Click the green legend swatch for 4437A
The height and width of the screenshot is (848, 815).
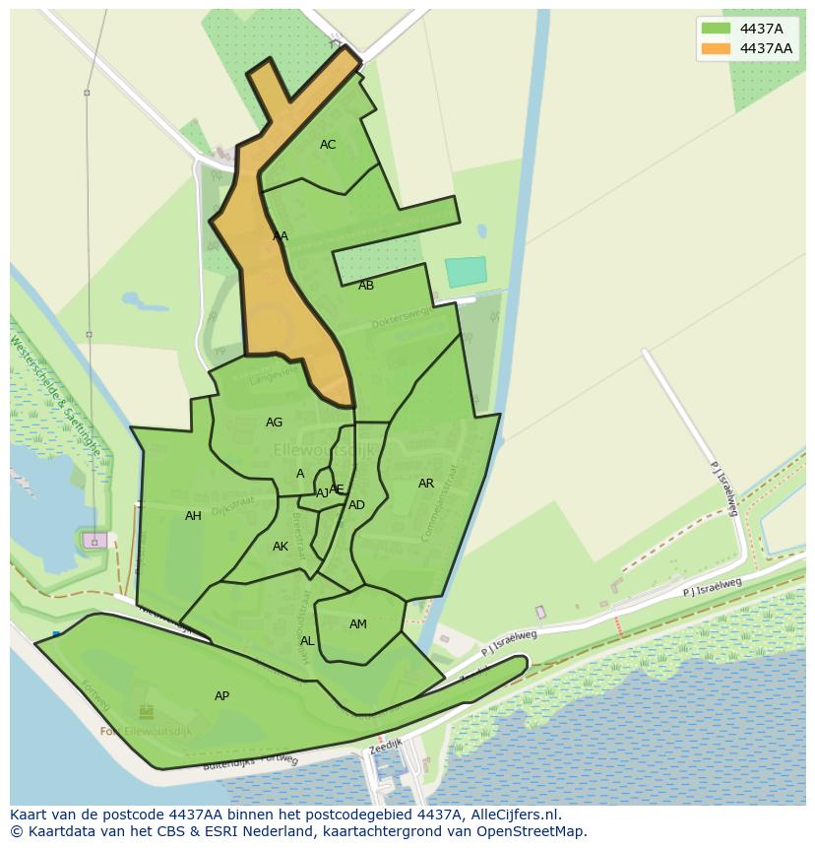716,29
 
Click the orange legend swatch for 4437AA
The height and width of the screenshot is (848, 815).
716,48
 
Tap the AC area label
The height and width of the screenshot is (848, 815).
328,145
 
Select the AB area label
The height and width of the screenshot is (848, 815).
366,286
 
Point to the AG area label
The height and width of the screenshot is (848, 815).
274,423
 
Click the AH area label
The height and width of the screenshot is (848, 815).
193,516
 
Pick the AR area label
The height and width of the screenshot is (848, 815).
426,484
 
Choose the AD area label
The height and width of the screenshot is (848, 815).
356,505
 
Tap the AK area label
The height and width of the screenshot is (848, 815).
281,547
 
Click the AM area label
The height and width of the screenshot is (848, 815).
358,624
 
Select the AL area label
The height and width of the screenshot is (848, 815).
307,641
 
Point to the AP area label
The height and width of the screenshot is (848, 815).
221,696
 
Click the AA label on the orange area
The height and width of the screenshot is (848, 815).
281,236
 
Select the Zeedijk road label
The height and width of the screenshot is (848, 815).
385,749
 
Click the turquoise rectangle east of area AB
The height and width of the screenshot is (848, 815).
466,272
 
